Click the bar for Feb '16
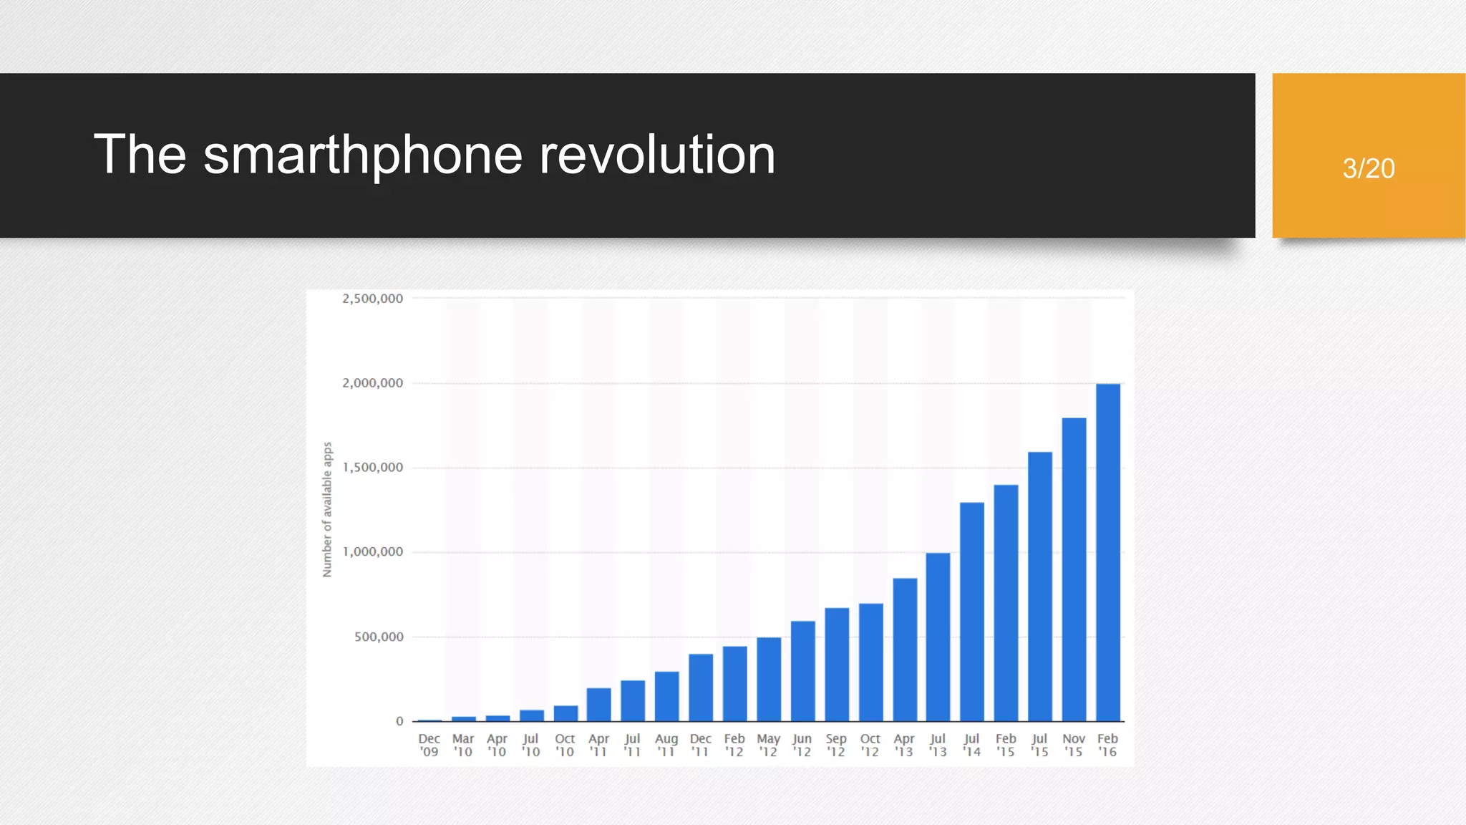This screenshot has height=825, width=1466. click(x=1107, y=552)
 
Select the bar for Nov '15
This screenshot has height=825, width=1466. click(x=1074, y=569)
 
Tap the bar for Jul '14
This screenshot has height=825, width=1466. click(x=971, y=612)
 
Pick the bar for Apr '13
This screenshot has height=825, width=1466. click(x=905, y=650)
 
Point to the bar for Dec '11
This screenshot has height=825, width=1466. click(x=701, y=687)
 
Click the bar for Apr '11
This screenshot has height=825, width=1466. click(x=598, y=705)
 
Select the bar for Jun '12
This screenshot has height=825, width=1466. click(x=802, y=671)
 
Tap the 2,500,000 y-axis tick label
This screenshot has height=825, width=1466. click(x=372, y=299)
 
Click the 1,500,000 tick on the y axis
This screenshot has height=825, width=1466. click(x=372, y=468)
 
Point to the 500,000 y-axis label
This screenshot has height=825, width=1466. click(x=379, y=637)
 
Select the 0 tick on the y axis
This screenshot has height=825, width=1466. click(x=399, y=721)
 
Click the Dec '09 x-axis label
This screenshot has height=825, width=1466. click(x=429, y=745)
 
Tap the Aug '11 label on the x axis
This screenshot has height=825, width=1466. click(x=666, y=745)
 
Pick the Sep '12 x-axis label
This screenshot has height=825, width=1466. click(x=836, y=745)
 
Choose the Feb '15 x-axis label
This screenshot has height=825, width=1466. click(x=1006, y=745)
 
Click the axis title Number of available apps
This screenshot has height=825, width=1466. click(x=327, y=509)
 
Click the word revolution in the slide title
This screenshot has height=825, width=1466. click(x=656, y=155)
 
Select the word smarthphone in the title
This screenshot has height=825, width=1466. click(x=363, y=155)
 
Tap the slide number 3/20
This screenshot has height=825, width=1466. click(x=1368, y=168)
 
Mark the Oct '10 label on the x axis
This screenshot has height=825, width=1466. click(x=565, y=745)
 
